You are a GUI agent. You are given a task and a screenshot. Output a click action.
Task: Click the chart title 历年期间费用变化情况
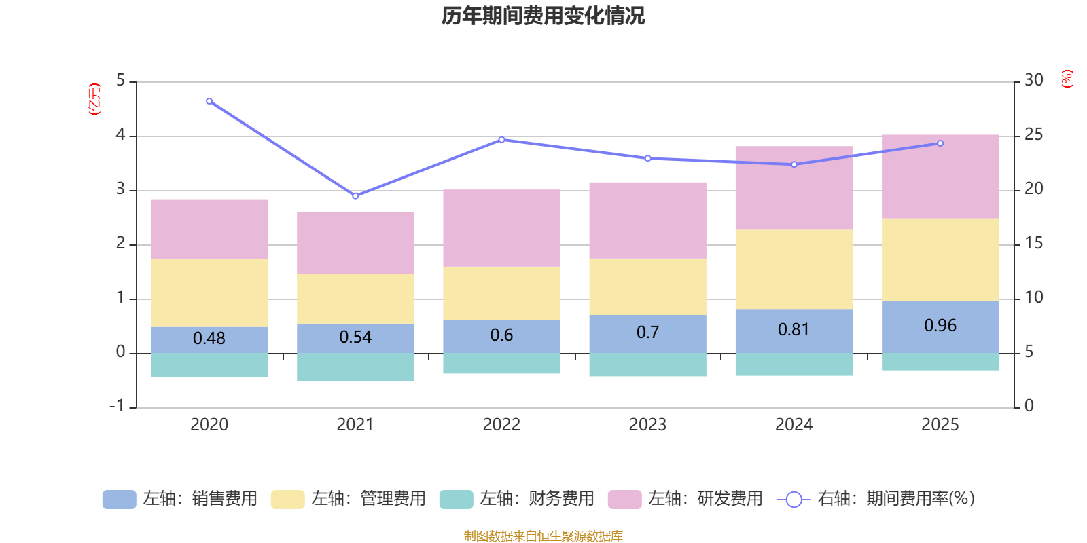(543, 16)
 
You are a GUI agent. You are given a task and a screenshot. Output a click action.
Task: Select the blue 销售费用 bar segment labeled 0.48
(209, 339)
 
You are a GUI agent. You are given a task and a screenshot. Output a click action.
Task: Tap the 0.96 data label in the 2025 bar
(940, 326)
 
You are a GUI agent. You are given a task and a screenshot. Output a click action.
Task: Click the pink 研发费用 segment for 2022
(501, 228)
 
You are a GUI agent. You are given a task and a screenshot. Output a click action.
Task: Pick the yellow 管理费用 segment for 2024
(794, 269)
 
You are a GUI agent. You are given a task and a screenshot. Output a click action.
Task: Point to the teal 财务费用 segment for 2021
(355, 367)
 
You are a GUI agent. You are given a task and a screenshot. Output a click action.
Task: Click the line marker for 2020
(209, 101)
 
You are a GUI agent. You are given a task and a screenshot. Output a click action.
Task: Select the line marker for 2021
(355, 196)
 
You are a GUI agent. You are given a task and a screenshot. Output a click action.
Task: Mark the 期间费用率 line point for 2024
(794, 164)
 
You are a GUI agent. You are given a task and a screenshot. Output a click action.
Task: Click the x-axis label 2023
(647, 425)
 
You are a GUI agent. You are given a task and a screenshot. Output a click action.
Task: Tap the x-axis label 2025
(940, 425)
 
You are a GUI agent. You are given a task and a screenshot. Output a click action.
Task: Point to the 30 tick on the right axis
(1034, 80)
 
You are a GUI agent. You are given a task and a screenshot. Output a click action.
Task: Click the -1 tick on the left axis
(117, 406)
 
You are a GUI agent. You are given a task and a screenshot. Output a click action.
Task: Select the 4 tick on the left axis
(121, 134)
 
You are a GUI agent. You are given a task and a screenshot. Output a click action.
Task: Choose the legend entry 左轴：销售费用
(181, 499)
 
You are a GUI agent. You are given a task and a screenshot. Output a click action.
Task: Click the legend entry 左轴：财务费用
(518, 499)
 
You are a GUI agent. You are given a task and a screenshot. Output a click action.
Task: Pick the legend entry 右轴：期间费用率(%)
(876, 499)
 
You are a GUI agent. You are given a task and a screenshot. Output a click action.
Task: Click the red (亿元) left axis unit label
(95, 99)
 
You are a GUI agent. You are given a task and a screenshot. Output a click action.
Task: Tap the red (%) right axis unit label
(1067, 79)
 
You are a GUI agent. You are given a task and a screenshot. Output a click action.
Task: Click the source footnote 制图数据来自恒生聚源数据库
(543, 536)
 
